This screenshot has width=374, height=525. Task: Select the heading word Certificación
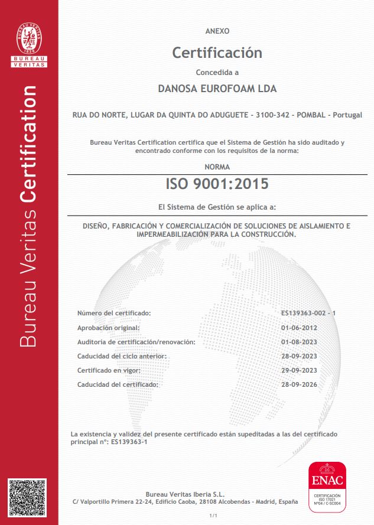pyautogui.click(x=217, y=53)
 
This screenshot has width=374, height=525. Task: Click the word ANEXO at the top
pyautogui.click(x=217, y=31)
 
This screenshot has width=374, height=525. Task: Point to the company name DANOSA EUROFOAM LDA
pyautogui.click(x=217, y=89)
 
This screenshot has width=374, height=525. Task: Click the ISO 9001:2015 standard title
pyautogui.click(x=217, y=184)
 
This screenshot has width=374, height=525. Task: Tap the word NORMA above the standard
pyautogui.click(x=217, y=167)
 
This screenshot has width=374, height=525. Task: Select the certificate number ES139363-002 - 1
pyautogui.click(x=308, y=312)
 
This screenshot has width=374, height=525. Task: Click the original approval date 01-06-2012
pyautogui.click(x=300, y=327)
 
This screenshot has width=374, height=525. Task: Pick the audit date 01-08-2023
pyautogui.click(x=300, y=341)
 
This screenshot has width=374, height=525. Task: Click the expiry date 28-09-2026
pyautogui.click(x=300, y=384)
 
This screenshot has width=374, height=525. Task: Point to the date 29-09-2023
pyautogui.click(x=300, y=370)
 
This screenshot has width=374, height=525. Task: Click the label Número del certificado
pyautogui.click(x=114, y=312)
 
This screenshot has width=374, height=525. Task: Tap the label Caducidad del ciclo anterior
pyautogui.click(x=122, y=356)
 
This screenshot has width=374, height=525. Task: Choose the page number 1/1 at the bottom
pyautogui.click(x=214, y=516)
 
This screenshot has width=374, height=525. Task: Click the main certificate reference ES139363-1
pyautogui.click(x=129, y=442)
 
